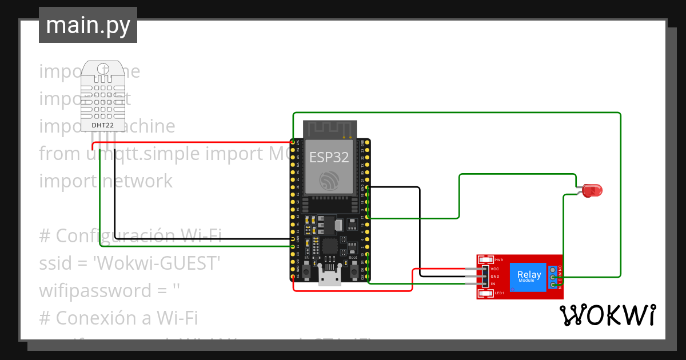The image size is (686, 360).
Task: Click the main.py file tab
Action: coord(88,25)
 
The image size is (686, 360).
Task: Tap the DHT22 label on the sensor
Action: coord(103,125)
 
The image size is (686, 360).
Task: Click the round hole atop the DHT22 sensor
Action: coord(103,69)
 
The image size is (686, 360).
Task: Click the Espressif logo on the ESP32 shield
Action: coord(329,181)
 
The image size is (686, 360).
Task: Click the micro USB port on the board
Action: coord(329,278)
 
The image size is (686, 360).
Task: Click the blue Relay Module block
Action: coord(527,277)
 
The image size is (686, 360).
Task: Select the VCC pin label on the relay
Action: coord(494,269)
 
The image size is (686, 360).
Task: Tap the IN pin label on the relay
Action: coord(493,283)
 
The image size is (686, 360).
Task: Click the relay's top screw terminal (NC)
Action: coord(553,270)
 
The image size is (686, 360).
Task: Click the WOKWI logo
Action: coord(607,315)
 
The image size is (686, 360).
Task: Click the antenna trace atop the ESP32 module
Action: coord(329,130)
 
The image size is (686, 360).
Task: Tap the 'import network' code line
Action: coord(106,181)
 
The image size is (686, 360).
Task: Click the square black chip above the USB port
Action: coord(329,247)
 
